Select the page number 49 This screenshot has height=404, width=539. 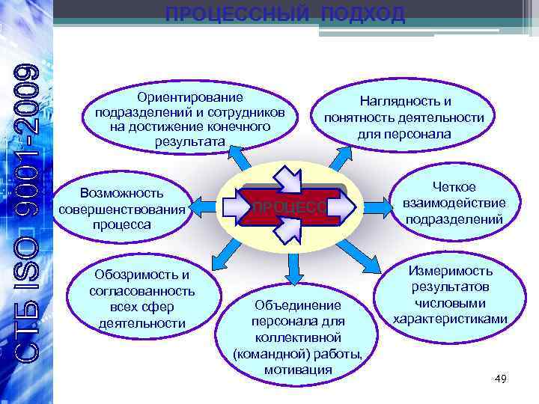click(501, 380)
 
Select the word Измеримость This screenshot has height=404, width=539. click(451, 270)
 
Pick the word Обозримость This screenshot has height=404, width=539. click(141, 275)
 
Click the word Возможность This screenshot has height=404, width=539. click(121, 193)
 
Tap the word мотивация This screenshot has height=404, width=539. click(298, 370)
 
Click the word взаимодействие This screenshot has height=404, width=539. click(454, 203)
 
